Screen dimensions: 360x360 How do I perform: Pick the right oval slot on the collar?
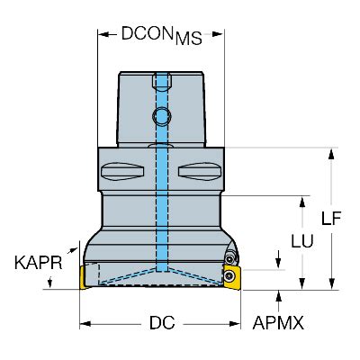coord(197,170)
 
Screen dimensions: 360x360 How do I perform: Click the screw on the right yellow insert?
coord(232,275)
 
